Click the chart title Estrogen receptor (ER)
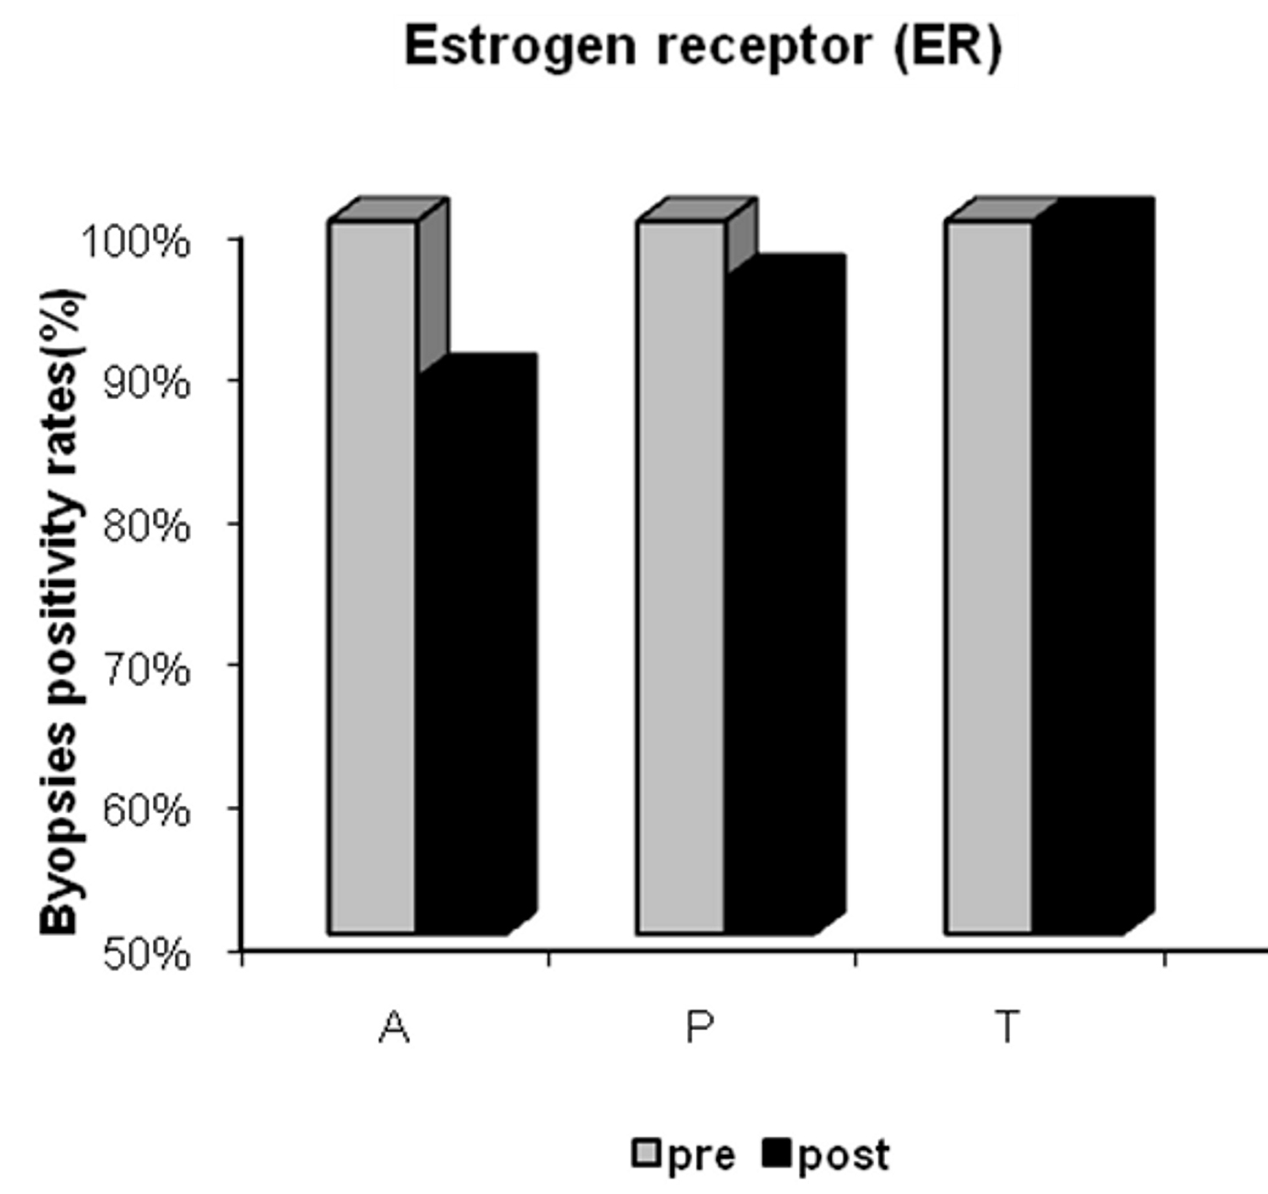702,47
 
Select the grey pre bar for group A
372,575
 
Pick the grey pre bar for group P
680,575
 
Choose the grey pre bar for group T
988,575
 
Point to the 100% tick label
135,243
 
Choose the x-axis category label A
395,1027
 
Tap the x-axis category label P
700,1027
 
